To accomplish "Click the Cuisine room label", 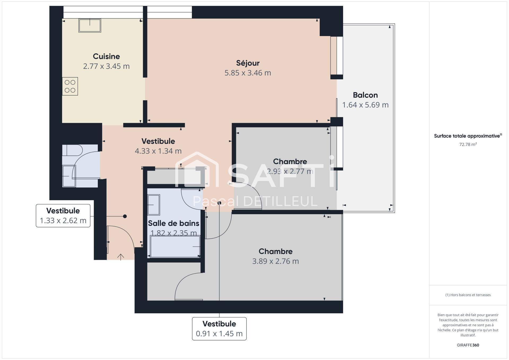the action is pos(106,56).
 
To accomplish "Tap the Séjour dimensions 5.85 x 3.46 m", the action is pos(248,73).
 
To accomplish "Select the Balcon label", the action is pos(365,95).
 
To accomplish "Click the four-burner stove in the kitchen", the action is pos(70,86).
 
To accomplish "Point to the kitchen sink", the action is pos(90,25).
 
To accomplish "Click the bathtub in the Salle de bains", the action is pos(175,246).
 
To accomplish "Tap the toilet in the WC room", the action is pos(72,150).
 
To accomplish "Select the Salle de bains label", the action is pos(174,223).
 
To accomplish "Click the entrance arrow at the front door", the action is pos(121,257).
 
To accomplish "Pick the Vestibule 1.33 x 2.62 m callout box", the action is pos(63,216).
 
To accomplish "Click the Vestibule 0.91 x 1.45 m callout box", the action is pos(219,329).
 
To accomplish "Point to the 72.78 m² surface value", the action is pos(468,144).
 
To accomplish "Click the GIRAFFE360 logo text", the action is pos(468,345).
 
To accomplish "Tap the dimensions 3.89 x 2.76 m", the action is pos(275,261).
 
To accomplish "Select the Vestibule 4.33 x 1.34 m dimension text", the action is pos(158,151).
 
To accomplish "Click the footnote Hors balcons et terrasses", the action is pos(468,295).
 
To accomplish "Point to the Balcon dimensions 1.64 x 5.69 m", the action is pos(365,105).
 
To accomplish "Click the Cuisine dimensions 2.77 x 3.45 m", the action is pos(106,66).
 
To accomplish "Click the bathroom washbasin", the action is pos(153,205).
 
